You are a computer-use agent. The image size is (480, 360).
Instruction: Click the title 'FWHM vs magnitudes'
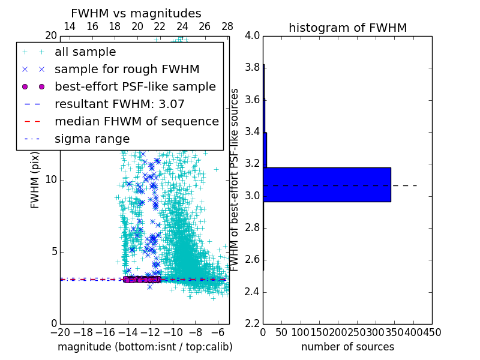pyautogui.click(x=136, y=13)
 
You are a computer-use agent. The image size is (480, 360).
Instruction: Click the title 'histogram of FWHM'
pyautogui.click(x=347, y=28)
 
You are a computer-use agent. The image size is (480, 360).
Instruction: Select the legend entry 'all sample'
pyautogui.click(x=85, y=52)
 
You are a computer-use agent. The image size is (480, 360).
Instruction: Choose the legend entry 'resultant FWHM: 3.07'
pyautogui.click(x=119, y=104)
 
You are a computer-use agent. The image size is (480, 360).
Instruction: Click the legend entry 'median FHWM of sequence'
pyautogui.click(x=136, y=121)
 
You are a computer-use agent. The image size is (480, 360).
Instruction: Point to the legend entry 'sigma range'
pyautogui.click(x=92, y=139)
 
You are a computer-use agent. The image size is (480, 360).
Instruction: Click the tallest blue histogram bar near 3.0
pyautogui.click(x=327, y=185)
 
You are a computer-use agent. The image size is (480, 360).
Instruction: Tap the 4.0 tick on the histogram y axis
pyautogui.click(x=252, y=35)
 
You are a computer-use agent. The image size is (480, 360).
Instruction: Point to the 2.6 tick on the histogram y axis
pyautogui.click(x=252, y=260)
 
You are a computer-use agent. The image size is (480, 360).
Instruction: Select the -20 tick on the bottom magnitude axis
pyautogui.click(x=61, y=332)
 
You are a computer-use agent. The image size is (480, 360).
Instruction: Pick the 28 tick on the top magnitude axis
pyautogui.click(x=227, y=26)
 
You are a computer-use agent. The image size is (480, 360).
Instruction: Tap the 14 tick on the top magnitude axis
pyautogui.click(x=70, y=26)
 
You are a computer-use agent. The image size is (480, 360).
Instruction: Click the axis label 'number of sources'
pyautogui.click(x=347, y=347)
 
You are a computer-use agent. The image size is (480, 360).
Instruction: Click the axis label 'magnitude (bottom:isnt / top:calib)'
pyautogui.click(x=145, y=347)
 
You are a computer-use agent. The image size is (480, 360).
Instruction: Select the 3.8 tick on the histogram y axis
pyautogui.click(x=252, y=68)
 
